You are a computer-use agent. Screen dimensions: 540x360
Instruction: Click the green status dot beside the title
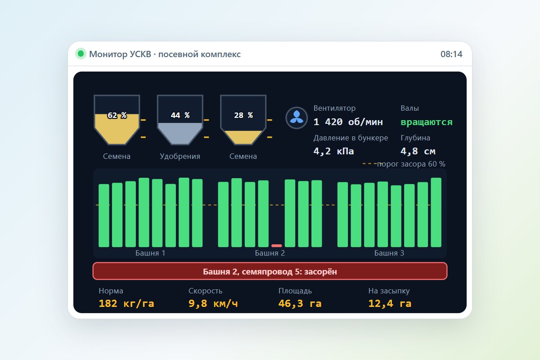(81, 54)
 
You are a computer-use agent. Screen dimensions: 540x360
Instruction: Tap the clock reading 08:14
(451, 54)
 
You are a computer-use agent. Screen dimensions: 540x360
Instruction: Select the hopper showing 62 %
(117, 120)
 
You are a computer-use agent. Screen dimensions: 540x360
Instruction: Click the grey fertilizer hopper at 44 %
(180, 120)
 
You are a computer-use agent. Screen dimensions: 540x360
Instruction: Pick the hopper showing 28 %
(243, 120)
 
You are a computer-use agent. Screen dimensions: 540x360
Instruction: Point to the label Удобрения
(180, 156)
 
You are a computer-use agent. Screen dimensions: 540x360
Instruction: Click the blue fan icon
(297, 117)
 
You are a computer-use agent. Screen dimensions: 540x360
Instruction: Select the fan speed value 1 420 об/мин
(348, 122)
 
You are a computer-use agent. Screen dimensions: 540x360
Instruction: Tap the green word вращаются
(427, 122)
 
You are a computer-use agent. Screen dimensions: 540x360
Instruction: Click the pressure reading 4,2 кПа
(333, 151)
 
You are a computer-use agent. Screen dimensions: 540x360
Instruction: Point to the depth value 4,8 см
(418, 151)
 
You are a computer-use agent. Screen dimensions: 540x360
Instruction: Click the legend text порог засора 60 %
(411, 164)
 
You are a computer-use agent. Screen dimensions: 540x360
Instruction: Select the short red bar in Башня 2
(276, 245)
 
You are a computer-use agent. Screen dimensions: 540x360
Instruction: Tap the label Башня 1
(150, 253)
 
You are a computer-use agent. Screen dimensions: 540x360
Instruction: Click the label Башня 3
(389, 253)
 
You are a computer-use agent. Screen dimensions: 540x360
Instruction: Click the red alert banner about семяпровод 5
(270, 271)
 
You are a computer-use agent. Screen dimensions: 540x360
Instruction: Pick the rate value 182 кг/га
(126, 303)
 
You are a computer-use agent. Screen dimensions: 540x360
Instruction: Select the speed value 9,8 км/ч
(213, 303)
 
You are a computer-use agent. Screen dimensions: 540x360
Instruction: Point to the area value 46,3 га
(300, 303)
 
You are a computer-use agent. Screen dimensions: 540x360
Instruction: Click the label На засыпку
(389, 291)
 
